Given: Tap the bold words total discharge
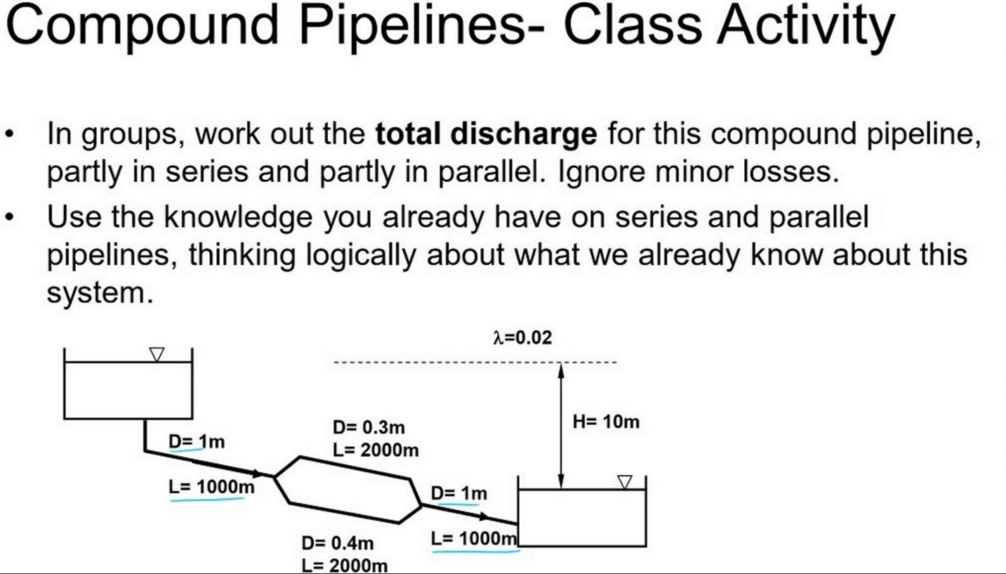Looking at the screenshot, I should pyautogui.click(x=486, y=133).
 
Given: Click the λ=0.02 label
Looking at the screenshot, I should pyautogui.click(x=522, y=338).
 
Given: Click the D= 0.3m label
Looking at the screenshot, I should pyautogui.click(x=369, y=428).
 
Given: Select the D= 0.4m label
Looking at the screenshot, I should pyautogui.click(x=338, y=543).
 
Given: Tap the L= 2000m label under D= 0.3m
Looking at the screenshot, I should pyautogui.click(x=376, y=450).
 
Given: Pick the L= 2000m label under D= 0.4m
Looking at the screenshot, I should pyautogui.click(x=344, y=565).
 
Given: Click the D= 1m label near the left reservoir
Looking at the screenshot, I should pyautogui.click(x=197, y=442).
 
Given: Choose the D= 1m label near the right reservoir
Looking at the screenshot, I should pyautogui.click(x=458, y=493).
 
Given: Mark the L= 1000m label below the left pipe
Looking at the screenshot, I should pyautogui.click(x=211, y=486).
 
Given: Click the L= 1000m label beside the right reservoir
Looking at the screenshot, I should pyautogui.click(x=474, y=539).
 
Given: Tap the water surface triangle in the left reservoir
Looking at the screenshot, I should pyautogui.click(x=157, y=355).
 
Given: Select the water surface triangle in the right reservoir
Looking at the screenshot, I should pyautogui.click(x=624, y=482).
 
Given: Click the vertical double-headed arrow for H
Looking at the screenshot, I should pyautogui.click(x=560, y=425).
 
